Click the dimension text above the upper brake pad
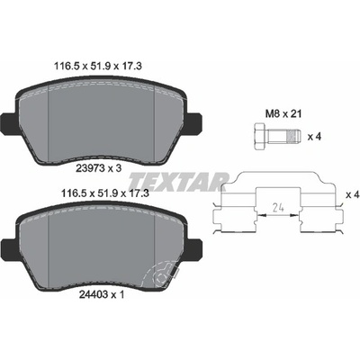[x=98, y=66]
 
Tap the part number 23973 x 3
[x=100, y=168]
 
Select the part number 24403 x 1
[x=102, y=295]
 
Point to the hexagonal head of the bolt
[x=260, y=137]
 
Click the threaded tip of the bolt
[x=293, y=137]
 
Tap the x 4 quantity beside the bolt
[x=314, y=137]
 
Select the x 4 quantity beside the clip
[x=353, y=195]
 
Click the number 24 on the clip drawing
[x=278, y=207]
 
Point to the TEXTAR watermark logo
[x=179, y=182]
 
